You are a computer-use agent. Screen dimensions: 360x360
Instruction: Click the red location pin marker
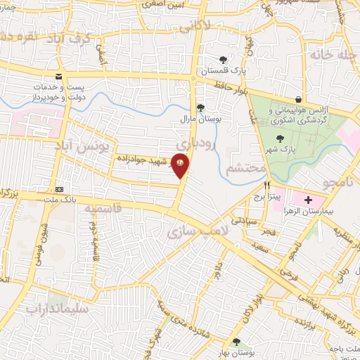tap(182, 166)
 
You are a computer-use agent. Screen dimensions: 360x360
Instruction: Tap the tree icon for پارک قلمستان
tap(223, 60)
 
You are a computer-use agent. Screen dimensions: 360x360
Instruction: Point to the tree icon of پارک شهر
tap(281, 139)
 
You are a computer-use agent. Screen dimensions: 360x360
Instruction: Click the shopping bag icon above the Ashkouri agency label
tap(300, 100)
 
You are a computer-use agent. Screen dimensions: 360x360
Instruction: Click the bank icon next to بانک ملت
tap(60, 189)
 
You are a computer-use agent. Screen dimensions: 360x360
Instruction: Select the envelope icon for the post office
tap(58, 79)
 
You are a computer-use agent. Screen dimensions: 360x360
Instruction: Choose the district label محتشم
tap(247, 169)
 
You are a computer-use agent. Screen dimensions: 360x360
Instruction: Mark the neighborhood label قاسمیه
tap(103, 209)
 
